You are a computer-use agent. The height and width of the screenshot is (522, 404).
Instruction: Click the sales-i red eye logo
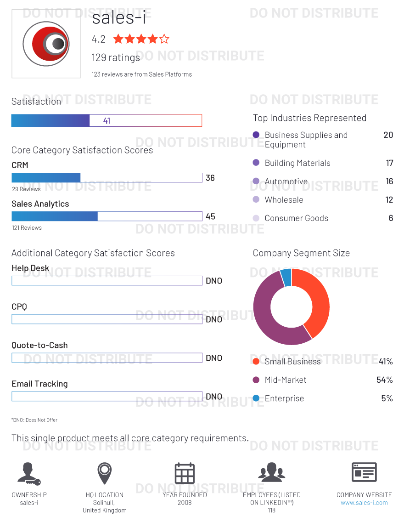pyautogui.click(x=46, y=44)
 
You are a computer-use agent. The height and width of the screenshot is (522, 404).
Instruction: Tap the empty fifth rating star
pyautogui.click(x=164, y=39)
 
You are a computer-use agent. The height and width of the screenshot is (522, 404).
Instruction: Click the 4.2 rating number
pyautogui.click(x=99, y=40)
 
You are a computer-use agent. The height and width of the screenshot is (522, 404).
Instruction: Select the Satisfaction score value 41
pyautogui.click(x=107, y=121)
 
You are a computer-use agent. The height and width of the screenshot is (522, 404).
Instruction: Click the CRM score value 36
pyautogui.click(x=210, y=178)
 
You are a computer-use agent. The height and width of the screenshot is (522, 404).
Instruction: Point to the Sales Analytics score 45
pyautogui.click(x=210, y=216)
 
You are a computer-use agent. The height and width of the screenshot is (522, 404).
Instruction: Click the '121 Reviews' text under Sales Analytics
pyautogui.click(x=27, y=228)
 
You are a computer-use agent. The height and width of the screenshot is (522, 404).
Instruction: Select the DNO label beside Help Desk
pyautogui.click(x=214, y=281)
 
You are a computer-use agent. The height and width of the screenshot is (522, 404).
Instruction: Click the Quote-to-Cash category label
pyautogui.click(x=39, y=345)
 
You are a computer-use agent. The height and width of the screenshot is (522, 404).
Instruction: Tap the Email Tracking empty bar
pyautogui.click(x=107, y=397)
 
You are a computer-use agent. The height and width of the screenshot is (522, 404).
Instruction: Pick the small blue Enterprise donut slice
pyautogui.click(x=286, y=277)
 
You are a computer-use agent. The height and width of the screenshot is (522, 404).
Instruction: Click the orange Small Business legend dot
pyautogui.click(x=256, y=362)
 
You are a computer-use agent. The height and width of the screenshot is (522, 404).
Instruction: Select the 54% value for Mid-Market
pyautogui.click(x=384, y=380)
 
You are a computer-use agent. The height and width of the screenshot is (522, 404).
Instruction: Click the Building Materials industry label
pyautogui.click(x=297, y=163)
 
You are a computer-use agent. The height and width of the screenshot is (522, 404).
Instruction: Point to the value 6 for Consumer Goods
pyautogui.click(x=391, y=218)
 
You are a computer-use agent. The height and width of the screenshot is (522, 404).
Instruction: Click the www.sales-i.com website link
pyautogui.click(x=364, y=503)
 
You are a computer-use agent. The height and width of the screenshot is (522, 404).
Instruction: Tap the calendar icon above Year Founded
pyautogui.click(x=185, y=473)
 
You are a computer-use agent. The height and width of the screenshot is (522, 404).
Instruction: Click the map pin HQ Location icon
pyautogui.click(x=105, y=473)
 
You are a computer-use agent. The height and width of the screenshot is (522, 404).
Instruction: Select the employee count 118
pyautogui.click(x=272, y=510)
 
